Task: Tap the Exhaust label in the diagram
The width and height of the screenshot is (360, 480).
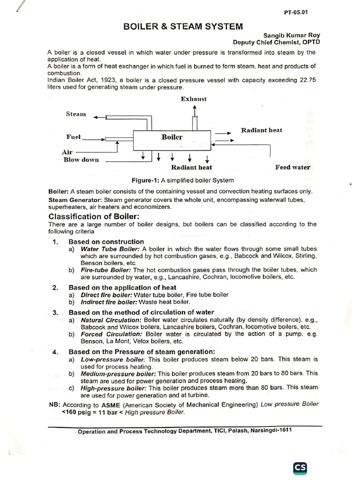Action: coord(194,99)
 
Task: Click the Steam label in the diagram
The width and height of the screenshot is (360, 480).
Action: coord(76,114)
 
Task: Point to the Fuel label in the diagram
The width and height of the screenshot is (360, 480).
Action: coord(74,137)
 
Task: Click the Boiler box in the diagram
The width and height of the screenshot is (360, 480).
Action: coord(172,137)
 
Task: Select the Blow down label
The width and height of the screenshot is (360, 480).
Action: coord(81,159)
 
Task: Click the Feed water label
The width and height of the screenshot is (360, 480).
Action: coord(292,167)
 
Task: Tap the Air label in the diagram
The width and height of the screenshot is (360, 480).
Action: coord(67,152)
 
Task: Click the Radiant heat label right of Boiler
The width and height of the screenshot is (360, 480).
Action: coord(262,130)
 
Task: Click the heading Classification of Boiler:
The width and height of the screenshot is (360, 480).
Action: coord(94,217)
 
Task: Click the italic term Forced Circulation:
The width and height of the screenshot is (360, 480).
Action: coord(112,334)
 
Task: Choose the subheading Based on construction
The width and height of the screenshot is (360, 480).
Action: coord(106,242)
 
